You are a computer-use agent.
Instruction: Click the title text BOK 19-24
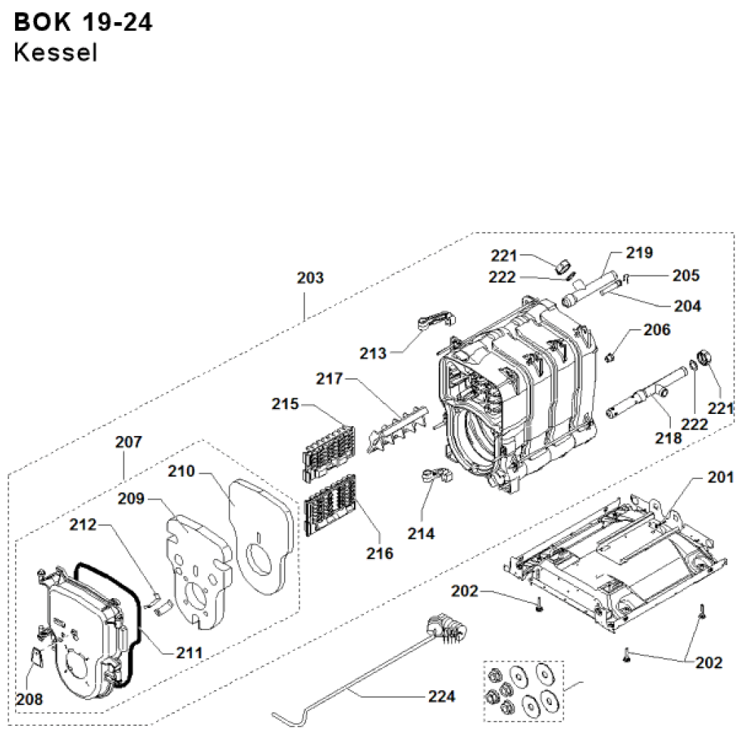click(x=83, y=23)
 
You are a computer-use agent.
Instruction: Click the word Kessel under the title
click(x=55, y=54)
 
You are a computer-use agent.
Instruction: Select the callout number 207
click(x=129, y=443)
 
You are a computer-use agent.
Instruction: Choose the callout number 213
click(x=373, y=353)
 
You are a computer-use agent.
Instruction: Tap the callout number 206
click(x=657, y=330)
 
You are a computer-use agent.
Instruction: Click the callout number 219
click(x=640, y=253)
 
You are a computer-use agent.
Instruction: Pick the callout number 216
click(x=380, y=553)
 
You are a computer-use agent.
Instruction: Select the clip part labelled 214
click(x=435, y=475)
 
